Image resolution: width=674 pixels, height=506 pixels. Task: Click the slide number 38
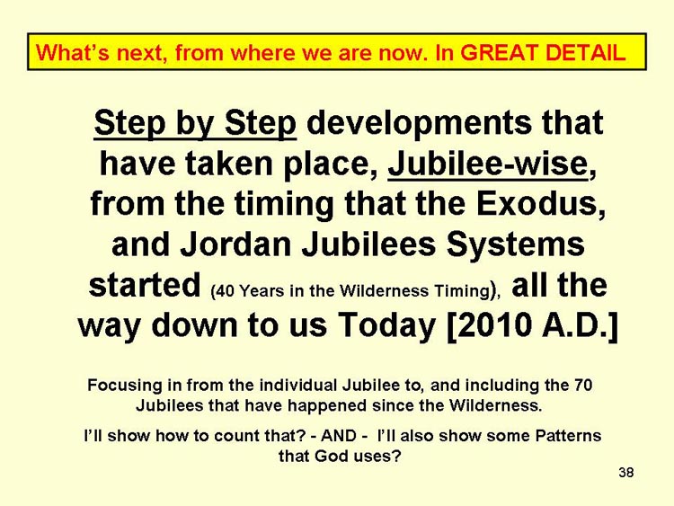[x=625, y=473]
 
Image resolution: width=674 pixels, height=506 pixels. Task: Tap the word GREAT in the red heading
[x=500, y=53]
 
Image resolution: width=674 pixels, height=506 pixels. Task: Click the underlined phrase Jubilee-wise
[x=488, y=164]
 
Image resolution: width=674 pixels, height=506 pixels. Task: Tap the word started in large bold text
[x=145, y=285]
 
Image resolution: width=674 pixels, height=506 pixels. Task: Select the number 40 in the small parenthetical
[x=224, y=291]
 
